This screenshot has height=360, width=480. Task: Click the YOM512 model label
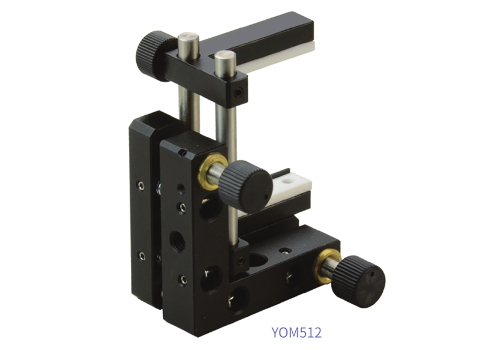click(296, 332)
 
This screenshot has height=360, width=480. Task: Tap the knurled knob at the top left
click(152, 56)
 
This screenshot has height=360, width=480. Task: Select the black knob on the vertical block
click(247, 183)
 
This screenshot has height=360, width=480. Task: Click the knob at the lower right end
click(358, 281)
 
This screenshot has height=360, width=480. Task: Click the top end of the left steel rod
click(188, 37)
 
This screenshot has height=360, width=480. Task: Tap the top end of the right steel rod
click(224, 56)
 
